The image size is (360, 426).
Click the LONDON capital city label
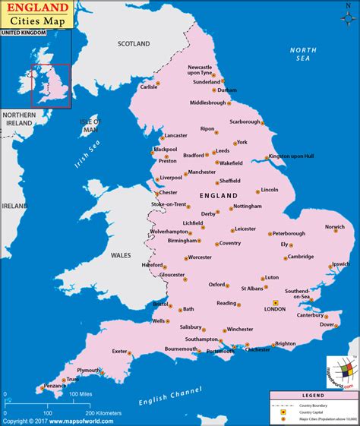[x=274, y=310]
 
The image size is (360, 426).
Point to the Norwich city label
[x=335, y=227]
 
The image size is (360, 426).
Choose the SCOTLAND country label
[x=134, y=44]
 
